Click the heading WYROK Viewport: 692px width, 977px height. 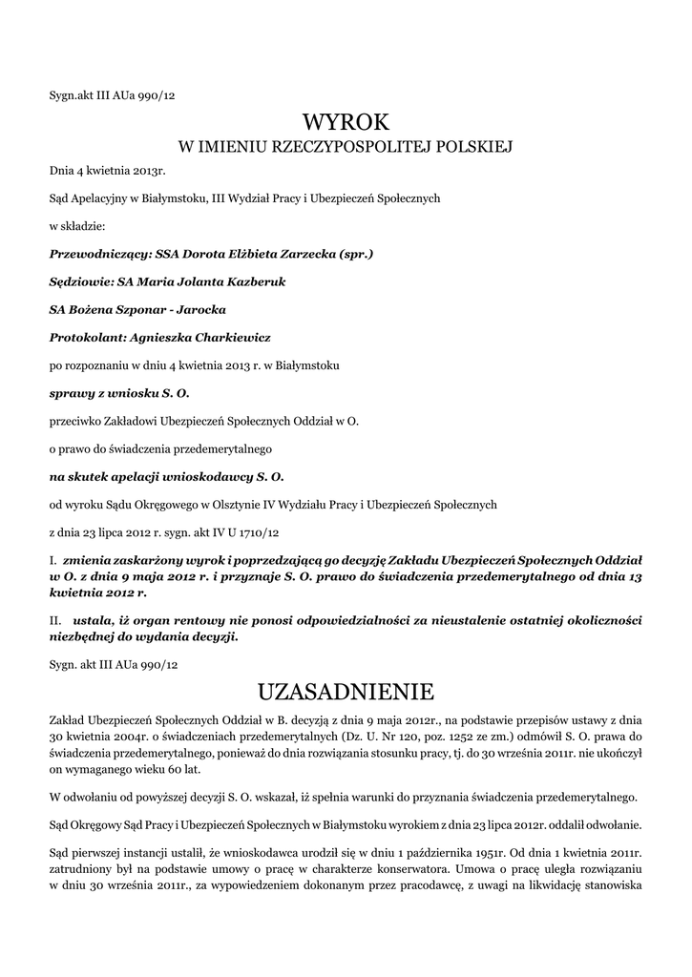coord(346,121)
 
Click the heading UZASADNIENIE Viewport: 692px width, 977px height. coord(346,690)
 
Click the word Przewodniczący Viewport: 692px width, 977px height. coord(94,255)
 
